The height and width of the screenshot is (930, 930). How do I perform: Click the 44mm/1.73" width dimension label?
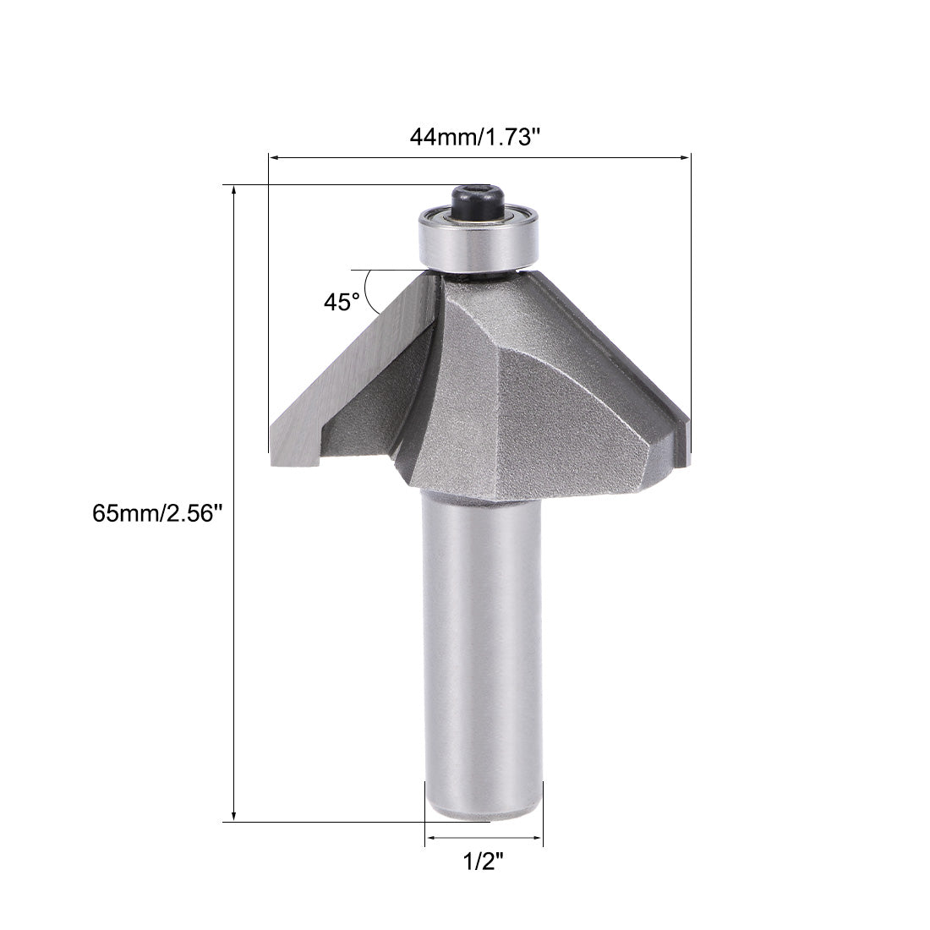[474, 137]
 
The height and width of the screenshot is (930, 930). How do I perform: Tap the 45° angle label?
[341, 302]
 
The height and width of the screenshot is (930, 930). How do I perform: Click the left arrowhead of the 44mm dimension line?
[273, 156]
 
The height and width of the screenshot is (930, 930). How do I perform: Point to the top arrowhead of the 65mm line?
[233, 189]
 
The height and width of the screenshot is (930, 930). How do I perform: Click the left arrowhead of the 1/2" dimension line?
[429, 838]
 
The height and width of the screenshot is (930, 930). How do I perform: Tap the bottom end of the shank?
[482, 813]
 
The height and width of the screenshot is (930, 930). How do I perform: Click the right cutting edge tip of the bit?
[687, 440]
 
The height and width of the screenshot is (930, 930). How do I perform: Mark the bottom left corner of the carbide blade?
[274, 464]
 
